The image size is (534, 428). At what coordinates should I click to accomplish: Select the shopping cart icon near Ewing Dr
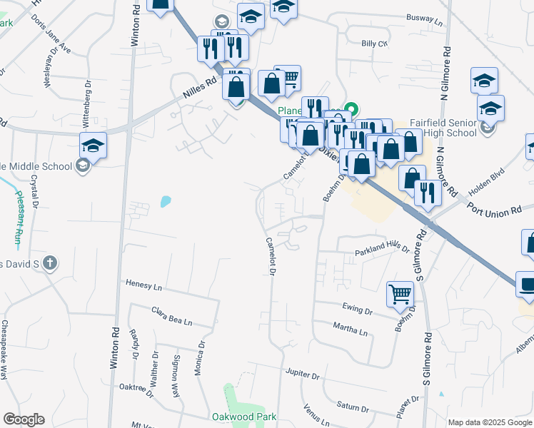coord(400,293)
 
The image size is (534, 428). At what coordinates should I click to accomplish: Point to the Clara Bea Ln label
coord(172,316)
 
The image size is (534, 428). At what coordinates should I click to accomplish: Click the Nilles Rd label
coord(198,89)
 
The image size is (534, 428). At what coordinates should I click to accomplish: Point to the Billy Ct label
coord(373,44)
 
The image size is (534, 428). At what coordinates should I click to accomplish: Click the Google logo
coord(24,419)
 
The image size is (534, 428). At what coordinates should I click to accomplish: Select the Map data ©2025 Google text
coord(490,422)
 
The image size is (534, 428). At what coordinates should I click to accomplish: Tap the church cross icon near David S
coord(49,264)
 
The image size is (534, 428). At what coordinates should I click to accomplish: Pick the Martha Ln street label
coord(350,330)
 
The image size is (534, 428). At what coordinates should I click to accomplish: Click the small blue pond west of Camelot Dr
coord(166,201)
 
